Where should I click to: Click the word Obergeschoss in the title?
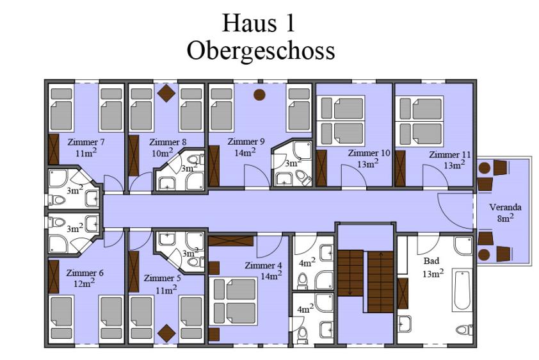click(261, 51)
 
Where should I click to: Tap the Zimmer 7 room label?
click(86, 142)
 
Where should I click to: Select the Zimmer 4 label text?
click(263, 265)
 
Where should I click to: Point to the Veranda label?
click(505, 208)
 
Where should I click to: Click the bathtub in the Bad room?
click(462, 290)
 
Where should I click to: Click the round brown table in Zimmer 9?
click(259, 95)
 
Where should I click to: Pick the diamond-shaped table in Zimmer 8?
click(166, 93)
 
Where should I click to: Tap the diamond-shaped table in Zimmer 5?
click(166, 333)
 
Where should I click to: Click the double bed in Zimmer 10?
click(342, 120)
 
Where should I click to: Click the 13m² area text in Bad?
click(433, 274)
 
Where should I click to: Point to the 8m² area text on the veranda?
click(505, 218)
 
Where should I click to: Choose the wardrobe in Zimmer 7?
click(54, 149)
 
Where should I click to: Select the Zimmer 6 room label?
click(84, 273)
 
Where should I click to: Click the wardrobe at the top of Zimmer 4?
click(231, 240)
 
